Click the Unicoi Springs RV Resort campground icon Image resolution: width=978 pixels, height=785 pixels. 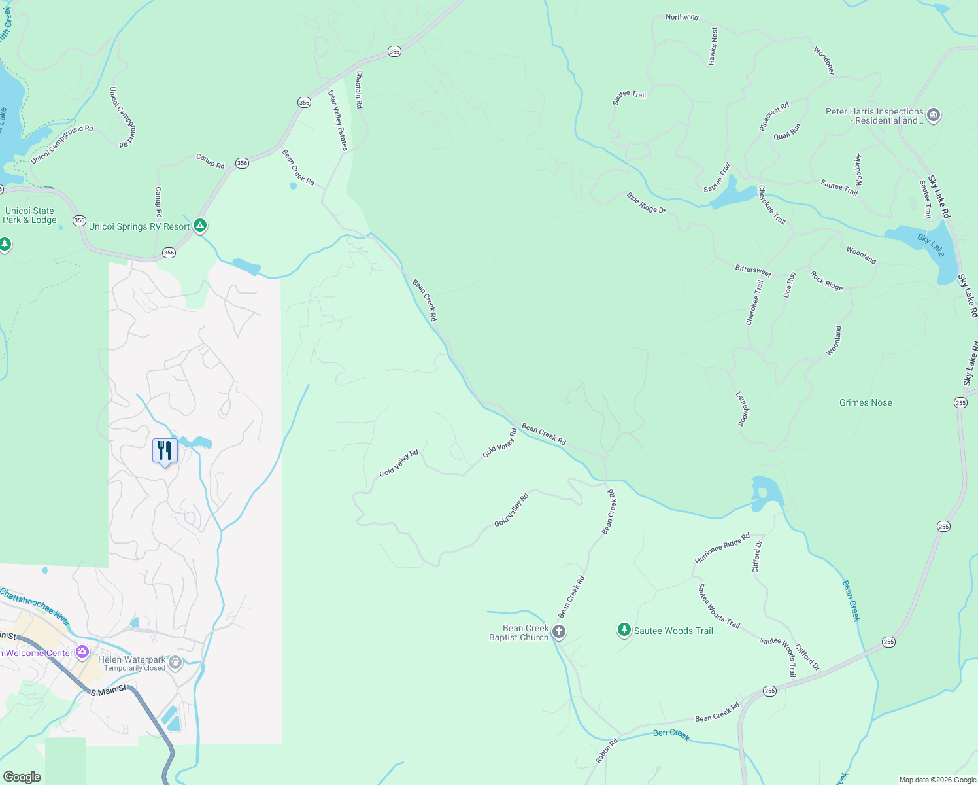pyautogui.click(x=201, y=226)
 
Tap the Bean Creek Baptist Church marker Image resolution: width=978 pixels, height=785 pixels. pyautogui.click(x=558, y=632)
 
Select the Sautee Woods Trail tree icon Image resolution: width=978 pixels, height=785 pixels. pyautogui.click(x=624, y=630)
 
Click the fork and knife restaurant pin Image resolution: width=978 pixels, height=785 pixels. pyautogui.click(x=165, y=451)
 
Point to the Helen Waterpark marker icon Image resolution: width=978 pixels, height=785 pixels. pyautogui.click(x=175, y=663)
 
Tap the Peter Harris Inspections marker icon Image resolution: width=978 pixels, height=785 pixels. pyautogui.click(x=934, y=116)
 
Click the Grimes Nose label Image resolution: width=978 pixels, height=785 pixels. pyautogui.click(x=866, y=403)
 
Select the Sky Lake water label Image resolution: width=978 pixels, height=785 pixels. pyautogui.click(x=931, y=245)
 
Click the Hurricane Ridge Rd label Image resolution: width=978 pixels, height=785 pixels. pyautogui.click(x=722, y=549)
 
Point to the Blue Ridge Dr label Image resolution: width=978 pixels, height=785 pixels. pyautogui.click(x=646, y=203)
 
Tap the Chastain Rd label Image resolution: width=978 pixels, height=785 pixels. pyautogui.click(x=359, y=90)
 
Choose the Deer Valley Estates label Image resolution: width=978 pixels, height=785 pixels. pyautogui.click(x=338, y=120)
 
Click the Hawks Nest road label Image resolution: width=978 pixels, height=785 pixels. pyautogui.click(x=713, y=46)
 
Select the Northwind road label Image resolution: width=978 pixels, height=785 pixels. pyautogui.click(x=682, y=17)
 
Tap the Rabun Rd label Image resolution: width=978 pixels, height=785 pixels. pyautogui.click(x=607, y=752)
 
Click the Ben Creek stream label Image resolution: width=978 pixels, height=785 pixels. pyautogui.click(x=671, y=734)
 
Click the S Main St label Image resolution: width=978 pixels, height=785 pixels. pyautogui.click(x=109, y=691)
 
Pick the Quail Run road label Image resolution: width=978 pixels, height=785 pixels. pyautogui.click(x=787, y=132)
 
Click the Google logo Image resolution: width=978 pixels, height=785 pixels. pyautogui.click(x=22, y=776)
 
